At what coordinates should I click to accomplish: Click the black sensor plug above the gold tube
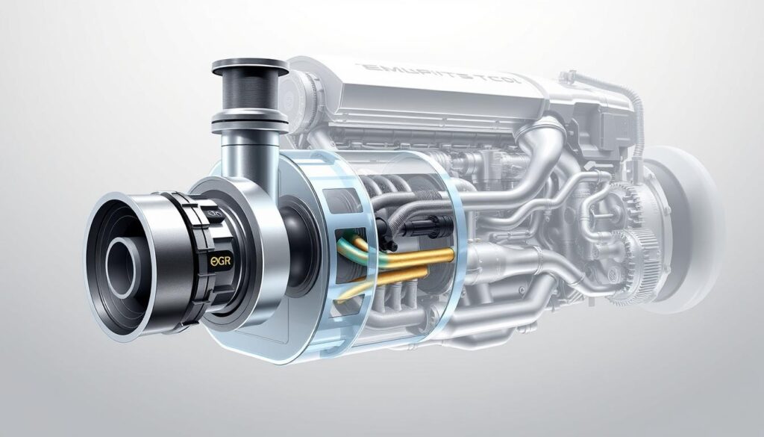(407, 224)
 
